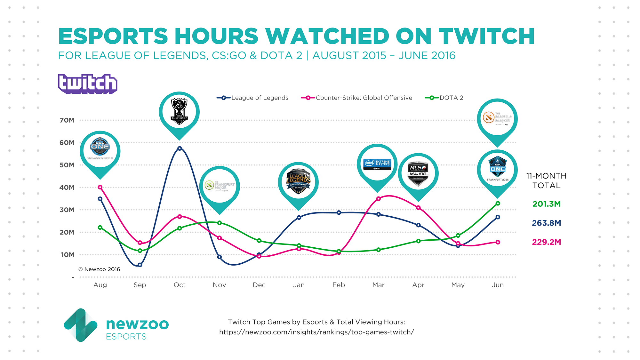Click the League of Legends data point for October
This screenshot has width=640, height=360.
[180, 148]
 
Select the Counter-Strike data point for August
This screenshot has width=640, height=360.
[100, 187]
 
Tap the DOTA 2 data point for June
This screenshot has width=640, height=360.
[498, 204]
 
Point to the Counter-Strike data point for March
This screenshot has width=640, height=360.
[379, 199]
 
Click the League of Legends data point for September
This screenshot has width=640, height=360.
[140, 265]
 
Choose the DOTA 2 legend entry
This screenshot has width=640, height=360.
[444, 98]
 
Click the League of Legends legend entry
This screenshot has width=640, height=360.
[253, 98]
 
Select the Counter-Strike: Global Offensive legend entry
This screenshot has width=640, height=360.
[357, 98]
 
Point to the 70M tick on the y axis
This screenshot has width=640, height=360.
[67, 120]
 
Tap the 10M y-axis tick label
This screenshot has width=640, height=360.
[67, 255]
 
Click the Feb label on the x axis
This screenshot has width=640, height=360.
[339, 285]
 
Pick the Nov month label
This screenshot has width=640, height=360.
[219, 285]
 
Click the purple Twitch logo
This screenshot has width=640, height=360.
[87, 84]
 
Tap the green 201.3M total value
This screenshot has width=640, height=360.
[546, 204]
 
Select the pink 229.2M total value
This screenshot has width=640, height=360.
[546, 242]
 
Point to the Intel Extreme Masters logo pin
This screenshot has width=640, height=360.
[377, 164]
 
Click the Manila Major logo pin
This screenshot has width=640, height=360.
[497, 119]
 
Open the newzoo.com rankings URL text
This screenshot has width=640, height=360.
[316, 332]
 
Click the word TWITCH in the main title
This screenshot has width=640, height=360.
[486, 36]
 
